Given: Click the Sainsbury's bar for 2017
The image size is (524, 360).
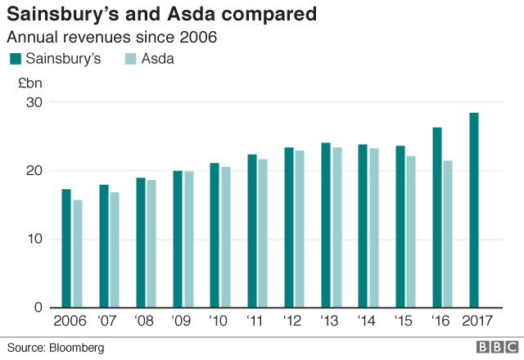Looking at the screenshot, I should pos(474,210).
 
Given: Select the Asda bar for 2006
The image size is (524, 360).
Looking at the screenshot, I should pos(78,254).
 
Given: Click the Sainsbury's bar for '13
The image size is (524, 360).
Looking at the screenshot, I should pos(326,225).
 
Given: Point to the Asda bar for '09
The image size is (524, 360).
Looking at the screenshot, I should pos(189,239).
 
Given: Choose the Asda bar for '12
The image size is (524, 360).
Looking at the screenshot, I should pos(300,229).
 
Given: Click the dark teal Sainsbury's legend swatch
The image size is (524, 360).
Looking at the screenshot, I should pos(15,59).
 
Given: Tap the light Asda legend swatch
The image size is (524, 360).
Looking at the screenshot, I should pos(130,59).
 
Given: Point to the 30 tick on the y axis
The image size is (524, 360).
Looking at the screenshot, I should pos(33,102).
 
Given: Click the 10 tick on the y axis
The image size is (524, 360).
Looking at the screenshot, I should pos(33,239).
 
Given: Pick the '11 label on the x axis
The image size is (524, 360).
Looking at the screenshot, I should pos(256,321).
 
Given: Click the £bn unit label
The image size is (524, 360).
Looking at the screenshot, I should pos(29,83).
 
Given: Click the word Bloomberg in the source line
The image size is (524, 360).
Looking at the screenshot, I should pos(77,348).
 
